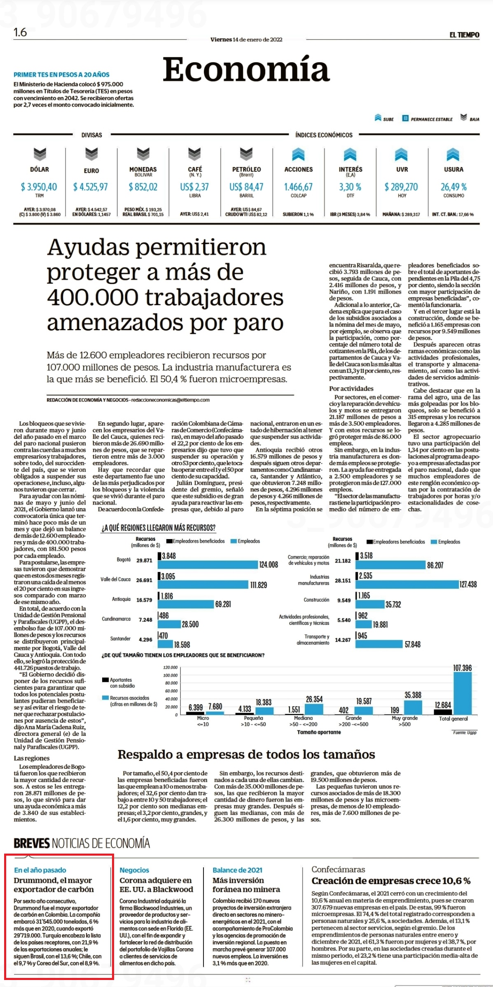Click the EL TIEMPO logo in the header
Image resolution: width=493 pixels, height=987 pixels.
point(464,35)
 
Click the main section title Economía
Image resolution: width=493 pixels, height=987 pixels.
point(246,69)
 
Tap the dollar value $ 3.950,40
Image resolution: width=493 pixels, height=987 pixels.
point(39,187)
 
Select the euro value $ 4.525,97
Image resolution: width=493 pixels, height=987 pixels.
point(91,187)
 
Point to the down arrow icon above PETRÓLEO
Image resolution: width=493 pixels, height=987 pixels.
point(246,154)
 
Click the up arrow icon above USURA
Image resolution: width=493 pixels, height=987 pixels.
point(453,154)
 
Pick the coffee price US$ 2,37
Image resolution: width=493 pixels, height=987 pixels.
point(194,187)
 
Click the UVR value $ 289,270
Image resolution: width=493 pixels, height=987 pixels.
point(401,187)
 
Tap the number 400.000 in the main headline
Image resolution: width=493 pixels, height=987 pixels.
point(93,297)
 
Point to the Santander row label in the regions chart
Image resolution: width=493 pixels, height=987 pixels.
point(120,639)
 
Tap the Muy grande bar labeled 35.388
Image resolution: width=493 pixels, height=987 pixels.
point(413,707)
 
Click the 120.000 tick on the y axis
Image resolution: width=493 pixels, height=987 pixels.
point(171,667)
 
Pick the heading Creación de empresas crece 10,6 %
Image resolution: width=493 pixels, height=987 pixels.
point(391,881)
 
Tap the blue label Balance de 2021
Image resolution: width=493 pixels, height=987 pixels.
point(237,870)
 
